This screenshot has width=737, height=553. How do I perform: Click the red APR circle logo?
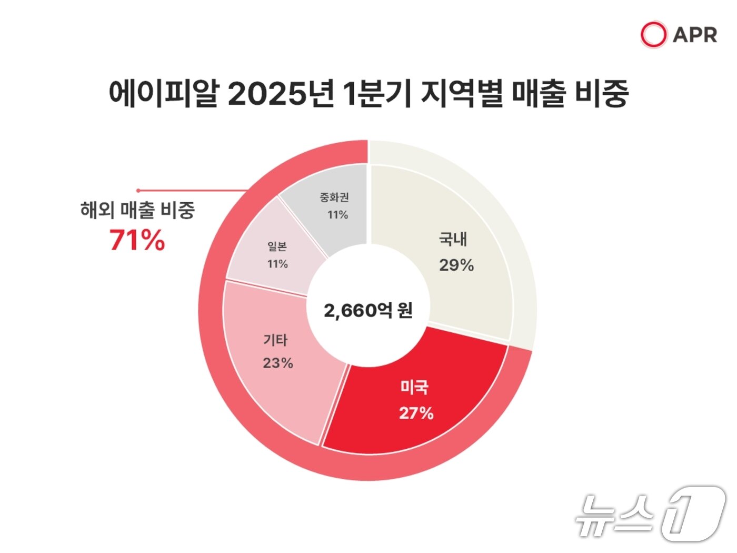click(653, 35)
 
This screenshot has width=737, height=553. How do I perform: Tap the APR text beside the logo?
click(695, 35)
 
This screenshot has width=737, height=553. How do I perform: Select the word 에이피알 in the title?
click(163, 94)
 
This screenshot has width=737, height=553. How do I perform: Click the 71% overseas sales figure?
click(137, 240)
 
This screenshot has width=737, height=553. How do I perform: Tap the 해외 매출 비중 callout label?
click(137, 210)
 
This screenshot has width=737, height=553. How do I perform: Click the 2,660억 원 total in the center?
click(368, 311)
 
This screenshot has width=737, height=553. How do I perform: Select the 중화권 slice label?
click(334, 197)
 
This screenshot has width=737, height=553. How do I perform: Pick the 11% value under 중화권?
click(337, 215)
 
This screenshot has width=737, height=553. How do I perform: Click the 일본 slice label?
click(277, 246)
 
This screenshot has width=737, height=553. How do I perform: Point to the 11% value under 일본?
click(277, 264)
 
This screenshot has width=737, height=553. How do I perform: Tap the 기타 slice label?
click(275, 340)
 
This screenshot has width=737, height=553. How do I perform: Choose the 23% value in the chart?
click(278, 363)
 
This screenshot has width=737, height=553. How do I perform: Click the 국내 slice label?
click(453, 240)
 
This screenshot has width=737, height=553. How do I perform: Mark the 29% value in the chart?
click(456, 265)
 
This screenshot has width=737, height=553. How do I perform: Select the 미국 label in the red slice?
click(414, 388)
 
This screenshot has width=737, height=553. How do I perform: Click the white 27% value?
click(416, 413)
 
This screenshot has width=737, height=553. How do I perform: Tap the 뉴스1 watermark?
click(650, 513)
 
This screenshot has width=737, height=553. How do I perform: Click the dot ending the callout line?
click(138, 191)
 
